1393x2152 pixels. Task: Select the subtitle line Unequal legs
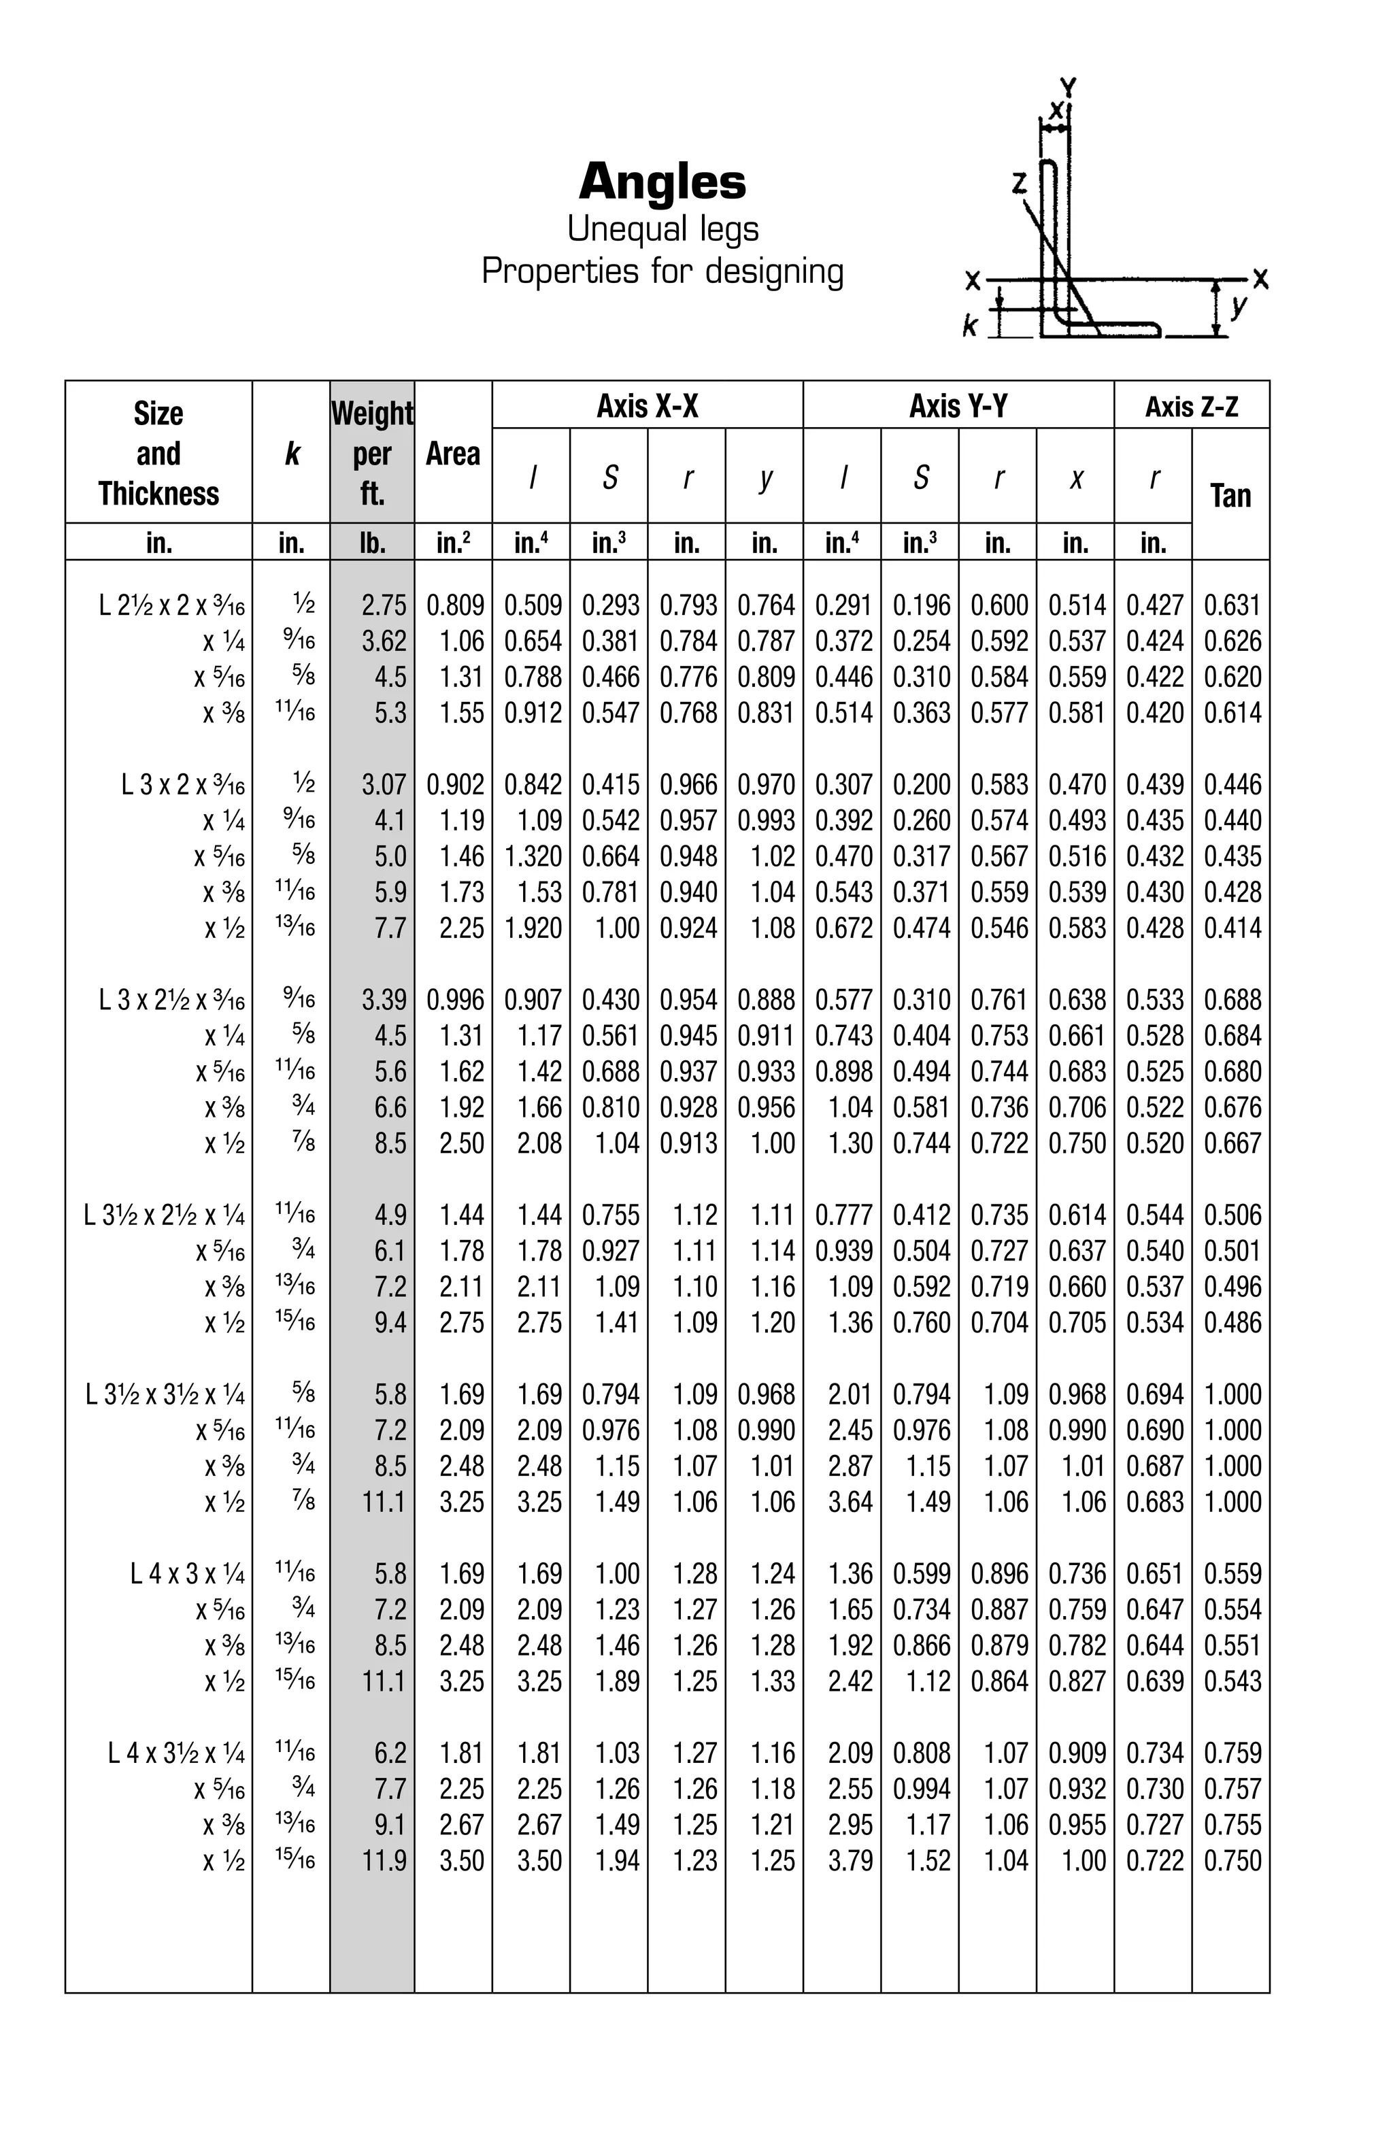[662, 229]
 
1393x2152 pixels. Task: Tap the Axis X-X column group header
[648, 406]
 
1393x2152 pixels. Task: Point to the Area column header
[452, 453]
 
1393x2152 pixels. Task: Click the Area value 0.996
[454, 1000]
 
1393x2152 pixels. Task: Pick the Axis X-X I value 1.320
[533, 856]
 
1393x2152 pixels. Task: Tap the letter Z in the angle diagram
[1019, 184]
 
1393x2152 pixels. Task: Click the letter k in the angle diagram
[969, 326]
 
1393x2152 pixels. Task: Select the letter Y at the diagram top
[1068, 88]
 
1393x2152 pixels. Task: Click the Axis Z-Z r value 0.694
[1154, 1394]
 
